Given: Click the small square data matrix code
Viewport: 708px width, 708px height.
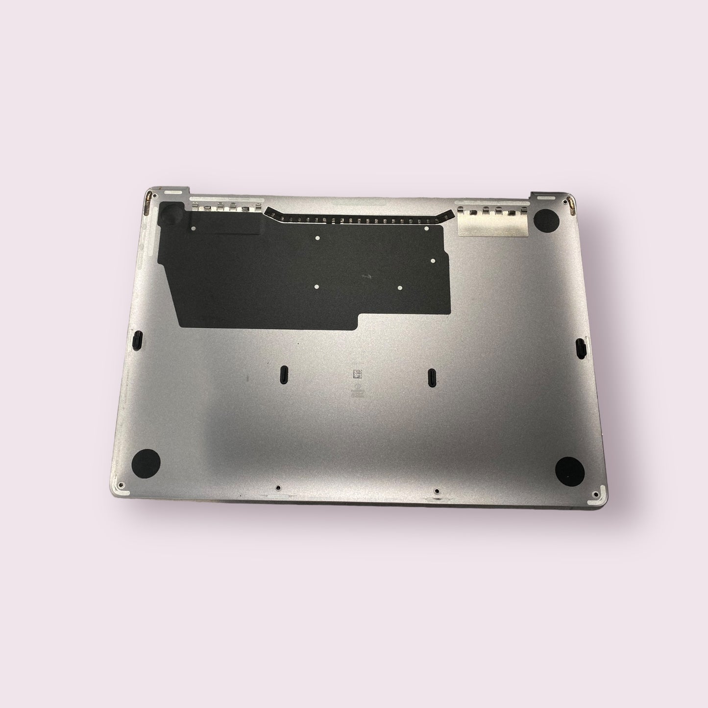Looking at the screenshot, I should point(358,375).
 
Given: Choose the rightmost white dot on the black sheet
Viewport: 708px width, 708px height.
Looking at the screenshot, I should point(433,261).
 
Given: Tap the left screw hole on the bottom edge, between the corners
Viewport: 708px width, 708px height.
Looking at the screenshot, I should point(278,488).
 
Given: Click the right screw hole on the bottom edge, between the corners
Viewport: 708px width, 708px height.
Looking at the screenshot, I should point(436,490).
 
